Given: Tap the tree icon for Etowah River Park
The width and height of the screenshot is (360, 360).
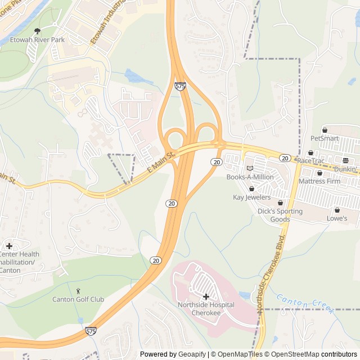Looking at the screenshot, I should pyautogui.click(x=38, y=31).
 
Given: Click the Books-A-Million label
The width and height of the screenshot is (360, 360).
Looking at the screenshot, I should pyautogui.click(x=250, y=177).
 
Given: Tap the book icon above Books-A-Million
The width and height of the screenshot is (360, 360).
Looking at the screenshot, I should pyautogui.click(x=250, y=168).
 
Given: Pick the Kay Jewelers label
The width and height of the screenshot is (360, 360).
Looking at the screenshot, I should pyautogui.click(x=251, y=197).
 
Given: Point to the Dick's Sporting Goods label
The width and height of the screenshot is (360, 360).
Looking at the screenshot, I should pyautogui.click(x=280, y=215).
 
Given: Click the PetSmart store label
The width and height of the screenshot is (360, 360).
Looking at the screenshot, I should pyautogui.click(x=325, y=138).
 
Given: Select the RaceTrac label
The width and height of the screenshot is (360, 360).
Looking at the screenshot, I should pyautogui.click(x=311, y=161).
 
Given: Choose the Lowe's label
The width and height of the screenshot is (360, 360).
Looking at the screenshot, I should pyautogui.click(x=337, y=218).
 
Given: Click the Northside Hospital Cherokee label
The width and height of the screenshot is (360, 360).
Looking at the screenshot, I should pyautogui.click(x=205, y=308).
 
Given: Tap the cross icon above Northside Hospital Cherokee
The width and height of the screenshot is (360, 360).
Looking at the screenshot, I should pyautogui.click(x=206, y=296).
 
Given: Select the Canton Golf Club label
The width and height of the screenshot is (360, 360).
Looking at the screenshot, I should pyautogui.click(x=78, y=299).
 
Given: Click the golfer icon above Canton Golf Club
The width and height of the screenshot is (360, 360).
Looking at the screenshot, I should pyautogui.click(x=78, y=290).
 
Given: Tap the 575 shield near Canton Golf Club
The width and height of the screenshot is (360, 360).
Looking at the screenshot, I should pyautogui.click(x=91, y=332).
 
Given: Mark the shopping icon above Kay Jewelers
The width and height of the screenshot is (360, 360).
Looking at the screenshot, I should pyautogui.click(x=251, y=188).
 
